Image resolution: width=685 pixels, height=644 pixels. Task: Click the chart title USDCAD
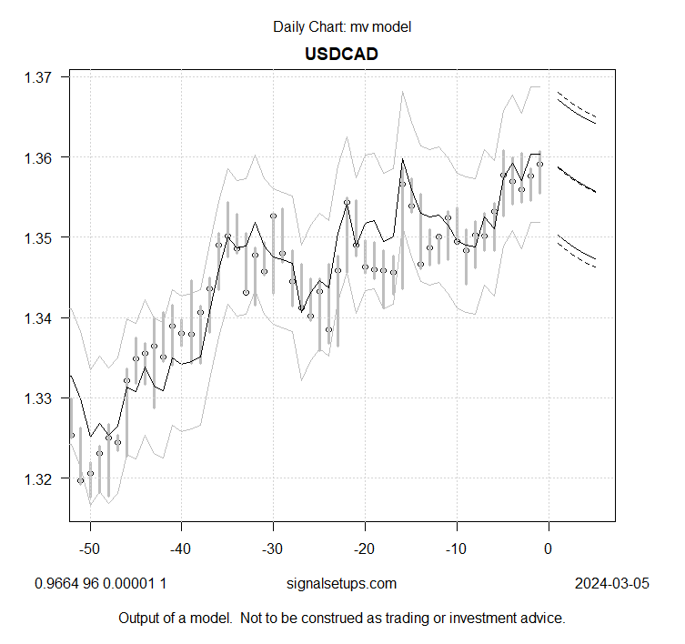click(x=341, y=54)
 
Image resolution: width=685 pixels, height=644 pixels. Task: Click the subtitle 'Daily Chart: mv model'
click(x=342, y=26)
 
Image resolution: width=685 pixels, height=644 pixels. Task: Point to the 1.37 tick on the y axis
click(x=42, y=77)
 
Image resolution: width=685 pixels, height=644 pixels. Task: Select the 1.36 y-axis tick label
click(x=42, y=157)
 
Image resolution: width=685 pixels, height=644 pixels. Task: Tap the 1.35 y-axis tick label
click(x=42, y=237)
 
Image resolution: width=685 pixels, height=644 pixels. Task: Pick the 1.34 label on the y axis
click(x=42, y=317)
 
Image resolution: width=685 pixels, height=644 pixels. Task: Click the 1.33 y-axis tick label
click(x=42, y=398)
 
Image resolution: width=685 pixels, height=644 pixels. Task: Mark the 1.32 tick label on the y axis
click(x=42, y=478)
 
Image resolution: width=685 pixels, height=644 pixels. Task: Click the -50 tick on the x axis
click(x=88, y=548)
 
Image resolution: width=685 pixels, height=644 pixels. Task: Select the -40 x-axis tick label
click(x=180, y=548)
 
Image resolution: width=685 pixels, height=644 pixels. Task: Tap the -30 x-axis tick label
click(x=272, y=548)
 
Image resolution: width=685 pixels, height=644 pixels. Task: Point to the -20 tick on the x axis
click(x=364, y=548)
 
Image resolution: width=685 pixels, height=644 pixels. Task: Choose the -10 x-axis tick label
click(x=456, y=548)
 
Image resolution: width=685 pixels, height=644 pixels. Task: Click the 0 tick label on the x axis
click(x=548, y=548)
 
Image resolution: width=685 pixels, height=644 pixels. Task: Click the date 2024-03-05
click(x=612, y=583)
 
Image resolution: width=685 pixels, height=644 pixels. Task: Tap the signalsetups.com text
click(x=342, y=583)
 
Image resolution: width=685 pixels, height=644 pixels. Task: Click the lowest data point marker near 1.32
click(x=80, y=480)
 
